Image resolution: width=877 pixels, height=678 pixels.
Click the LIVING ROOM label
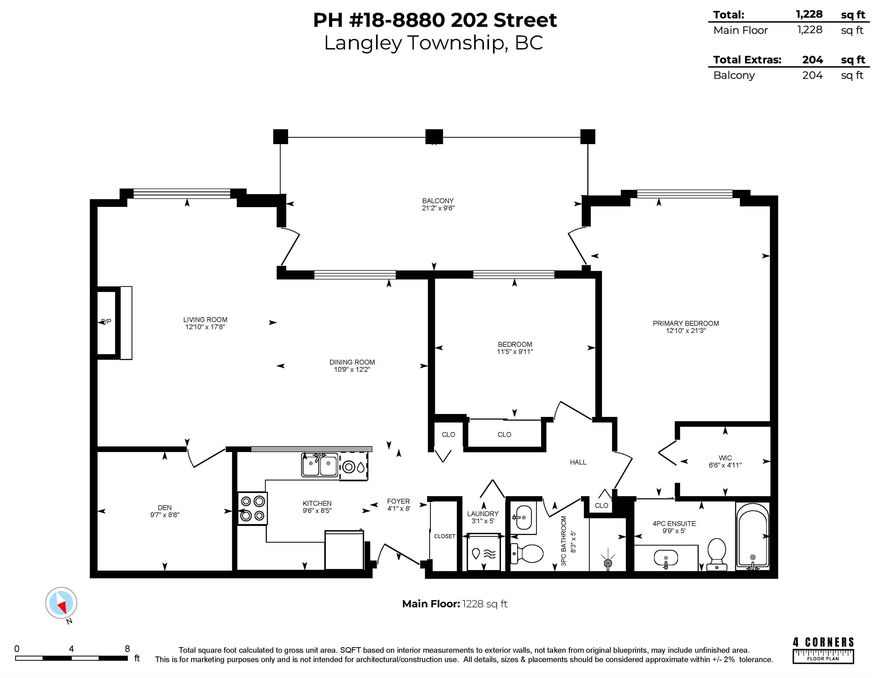205,320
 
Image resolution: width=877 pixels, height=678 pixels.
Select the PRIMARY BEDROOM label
686,323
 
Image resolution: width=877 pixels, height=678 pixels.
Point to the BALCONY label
438,201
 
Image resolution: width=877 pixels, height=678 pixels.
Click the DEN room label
165,508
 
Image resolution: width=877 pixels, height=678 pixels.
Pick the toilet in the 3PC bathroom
526,554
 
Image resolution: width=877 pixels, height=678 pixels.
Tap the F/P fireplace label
106,322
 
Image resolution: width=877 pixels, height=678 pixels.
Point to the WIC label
725,458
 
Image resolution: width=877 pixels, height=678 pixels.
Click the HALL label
578,462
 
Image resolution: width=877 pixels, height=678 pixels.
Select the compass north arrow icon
61,603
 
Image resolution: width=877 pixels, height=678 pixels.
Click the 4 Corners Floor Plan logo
823,650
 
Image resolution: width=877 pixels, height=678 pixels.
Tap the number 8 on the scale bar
127,649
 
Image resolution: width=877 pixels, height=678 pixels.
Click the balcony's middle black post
434,137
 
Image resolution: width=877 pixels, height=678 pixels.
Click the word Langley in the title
363,43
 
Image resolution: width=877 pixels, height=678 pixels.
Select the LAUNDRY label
483,514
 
